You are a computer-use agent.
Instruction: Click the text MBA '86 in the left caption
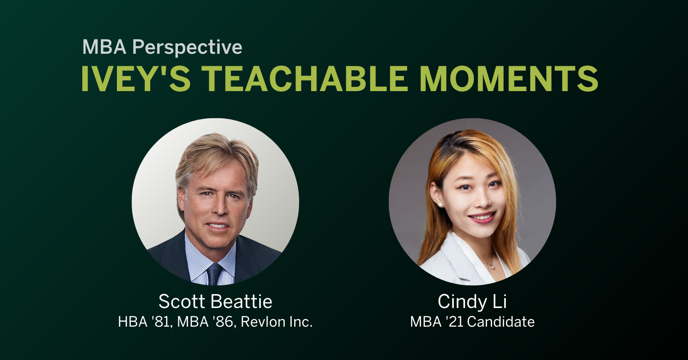(205, 321)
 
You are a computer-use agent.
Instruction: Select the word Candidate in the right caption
(501, 321)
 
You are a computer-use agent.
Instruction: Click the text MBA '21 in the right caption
(437, 321)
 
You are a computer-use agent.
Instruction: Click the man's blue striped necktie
(215, 274)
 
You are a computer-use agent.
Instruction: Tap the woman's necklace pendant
(491, 267)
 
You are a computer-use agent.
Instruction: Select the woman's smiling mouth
(481, 218)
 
